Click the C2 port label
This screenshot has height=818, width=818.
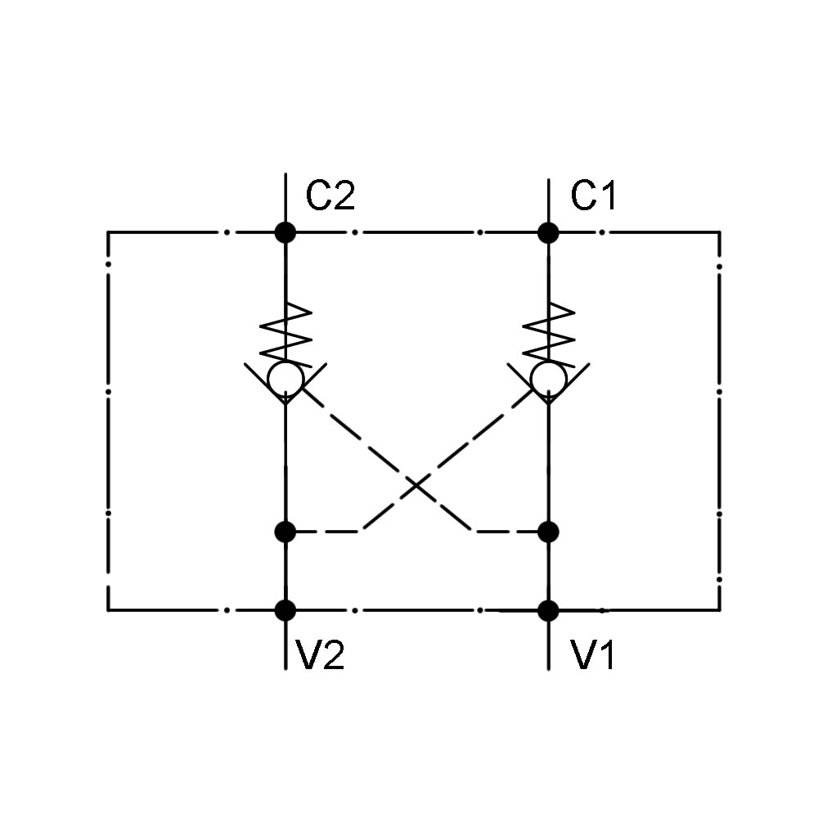coord(330,197)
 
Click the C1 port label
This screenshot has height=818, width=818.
coord(594,197)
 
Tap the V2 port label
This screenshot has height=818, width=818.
coord(319,656)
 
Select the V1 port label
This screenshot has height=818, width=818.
coord(594,656)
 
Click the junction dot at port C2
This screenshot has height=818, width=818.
coord(285,232)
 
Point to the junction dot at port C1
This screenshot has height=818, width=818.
coord(548,232)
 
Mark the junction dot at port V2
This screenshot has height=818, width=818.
coord(285,610)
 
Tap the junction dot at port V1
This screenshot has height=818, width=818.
coord(548,610)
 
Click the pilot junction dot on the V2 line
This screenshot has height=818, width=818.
coord(285,532)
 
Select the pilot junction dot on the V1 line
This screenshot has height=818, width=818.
coord(548,532)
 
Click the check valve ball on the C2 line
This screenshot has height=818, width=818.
coord(285,379)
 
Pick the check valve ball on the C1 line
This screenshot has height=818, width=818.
coord(547,379)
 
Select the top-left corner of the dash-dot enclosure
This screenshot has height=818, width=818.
coord(108,232)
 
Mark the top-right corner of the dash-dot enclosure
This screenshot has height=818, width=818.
coord(720,232)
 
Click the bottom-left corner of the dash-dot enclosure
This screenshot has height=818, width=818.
coord(108,610)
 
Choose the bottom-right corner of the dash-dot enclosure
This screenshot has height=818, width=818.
coord(720,610)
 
